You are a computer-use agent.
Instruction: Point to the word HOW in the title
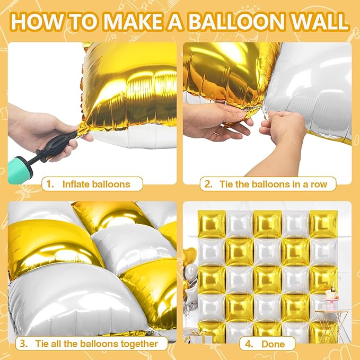point(37,22)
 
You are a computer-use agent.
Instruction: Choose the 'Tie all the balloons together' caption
point(96,344)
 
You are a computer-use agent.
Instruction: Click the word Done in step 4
point(273,344)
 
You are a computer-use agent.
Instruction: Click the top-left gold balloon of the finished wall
point(212,224)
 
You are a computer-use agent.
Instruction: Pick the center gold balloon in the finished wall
point(267,280)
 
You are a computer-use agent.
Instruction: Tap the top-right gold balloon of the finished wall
point(323,224)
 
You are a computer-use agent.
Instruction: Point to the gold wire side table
point(331,326)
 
